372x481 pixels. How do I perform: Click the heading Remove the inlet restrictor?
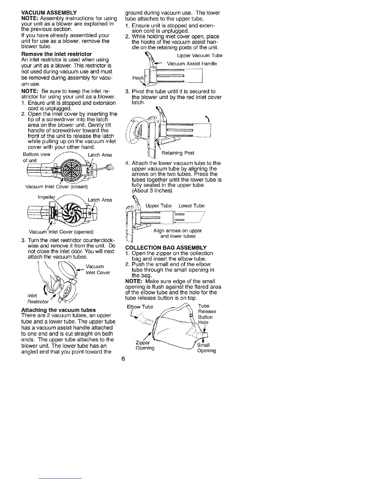coord(57,54)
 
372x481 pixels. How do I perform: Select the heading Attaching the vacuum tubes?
coord(58,310)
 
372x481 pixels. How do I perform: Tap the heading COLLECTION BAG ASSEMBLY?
coord(166,247)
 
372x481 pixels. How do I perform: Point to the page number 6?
coord(123,359)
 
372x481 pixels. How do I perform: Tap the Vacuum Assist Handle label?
coord(192,64)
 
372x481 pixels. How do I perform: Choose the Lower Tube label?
coord(191,206)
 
